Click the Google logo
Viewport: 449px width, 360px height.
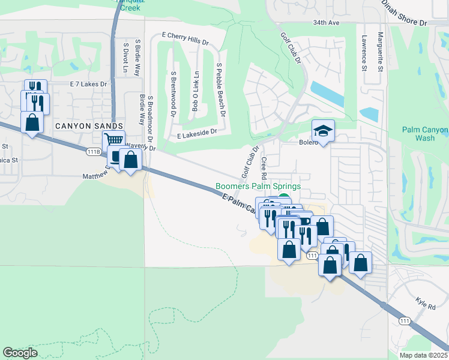click(20, 353)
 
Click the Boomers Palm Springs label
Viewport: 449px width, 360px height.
click(259, 187)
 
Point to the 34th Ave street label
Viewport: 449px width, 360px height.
click(327, 23)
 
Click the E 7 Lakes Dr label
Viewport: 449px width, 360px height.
click(88, 85)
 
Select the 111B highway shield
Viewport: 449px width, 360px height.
click(93, 152)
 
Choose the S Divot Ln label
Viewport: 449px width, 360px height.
click(125, 58)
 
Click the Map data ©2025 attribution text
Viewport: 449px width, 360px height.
click(423, 355)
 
